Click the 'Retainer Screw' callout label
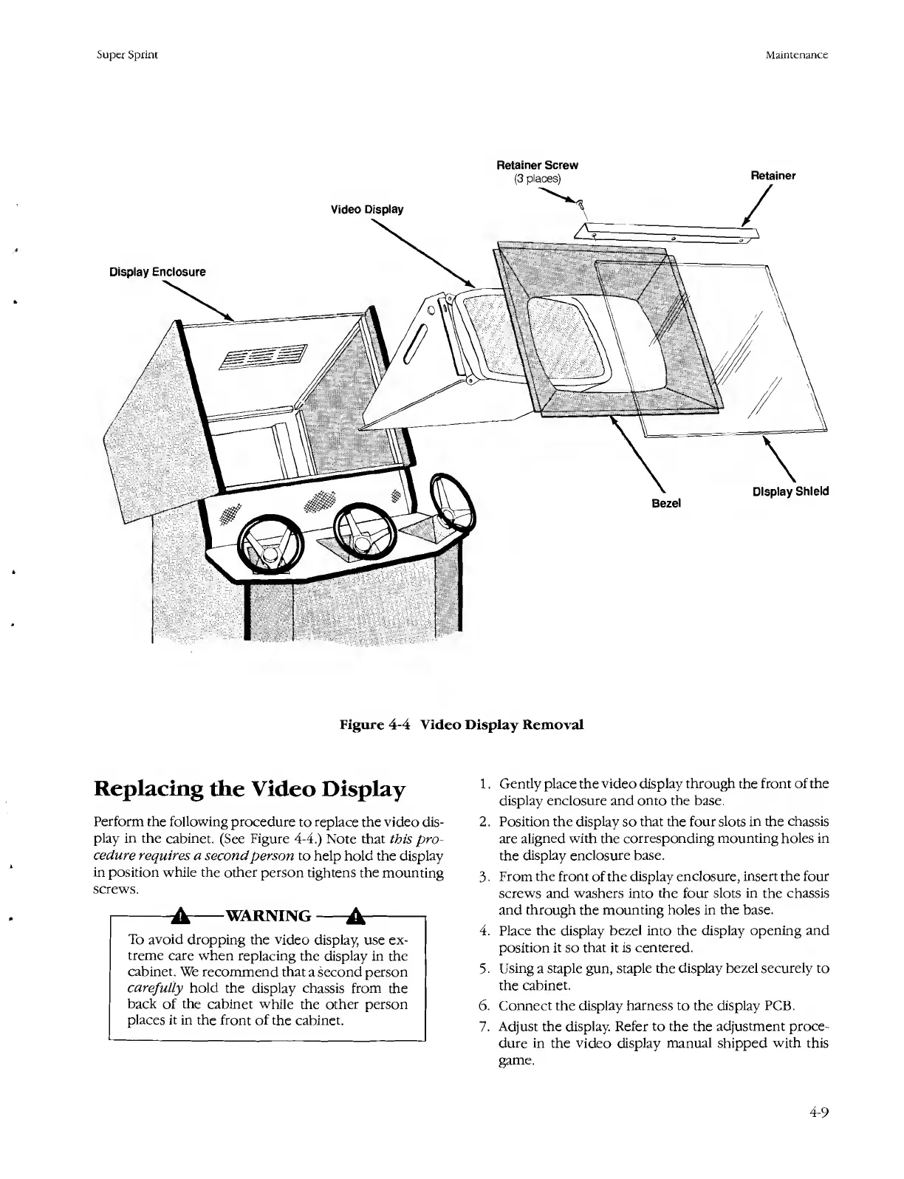536,165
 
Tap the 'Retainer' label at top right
773,176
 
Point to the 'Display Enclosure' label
157,272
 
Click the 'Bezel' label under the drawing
665,503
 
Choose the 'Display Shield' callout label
790,491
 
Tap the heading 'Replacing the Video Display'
250,790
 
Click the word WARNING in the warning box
267,917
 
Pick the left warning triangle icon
179,917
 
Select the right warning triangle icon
356,917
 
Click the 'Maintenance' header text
796,55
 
